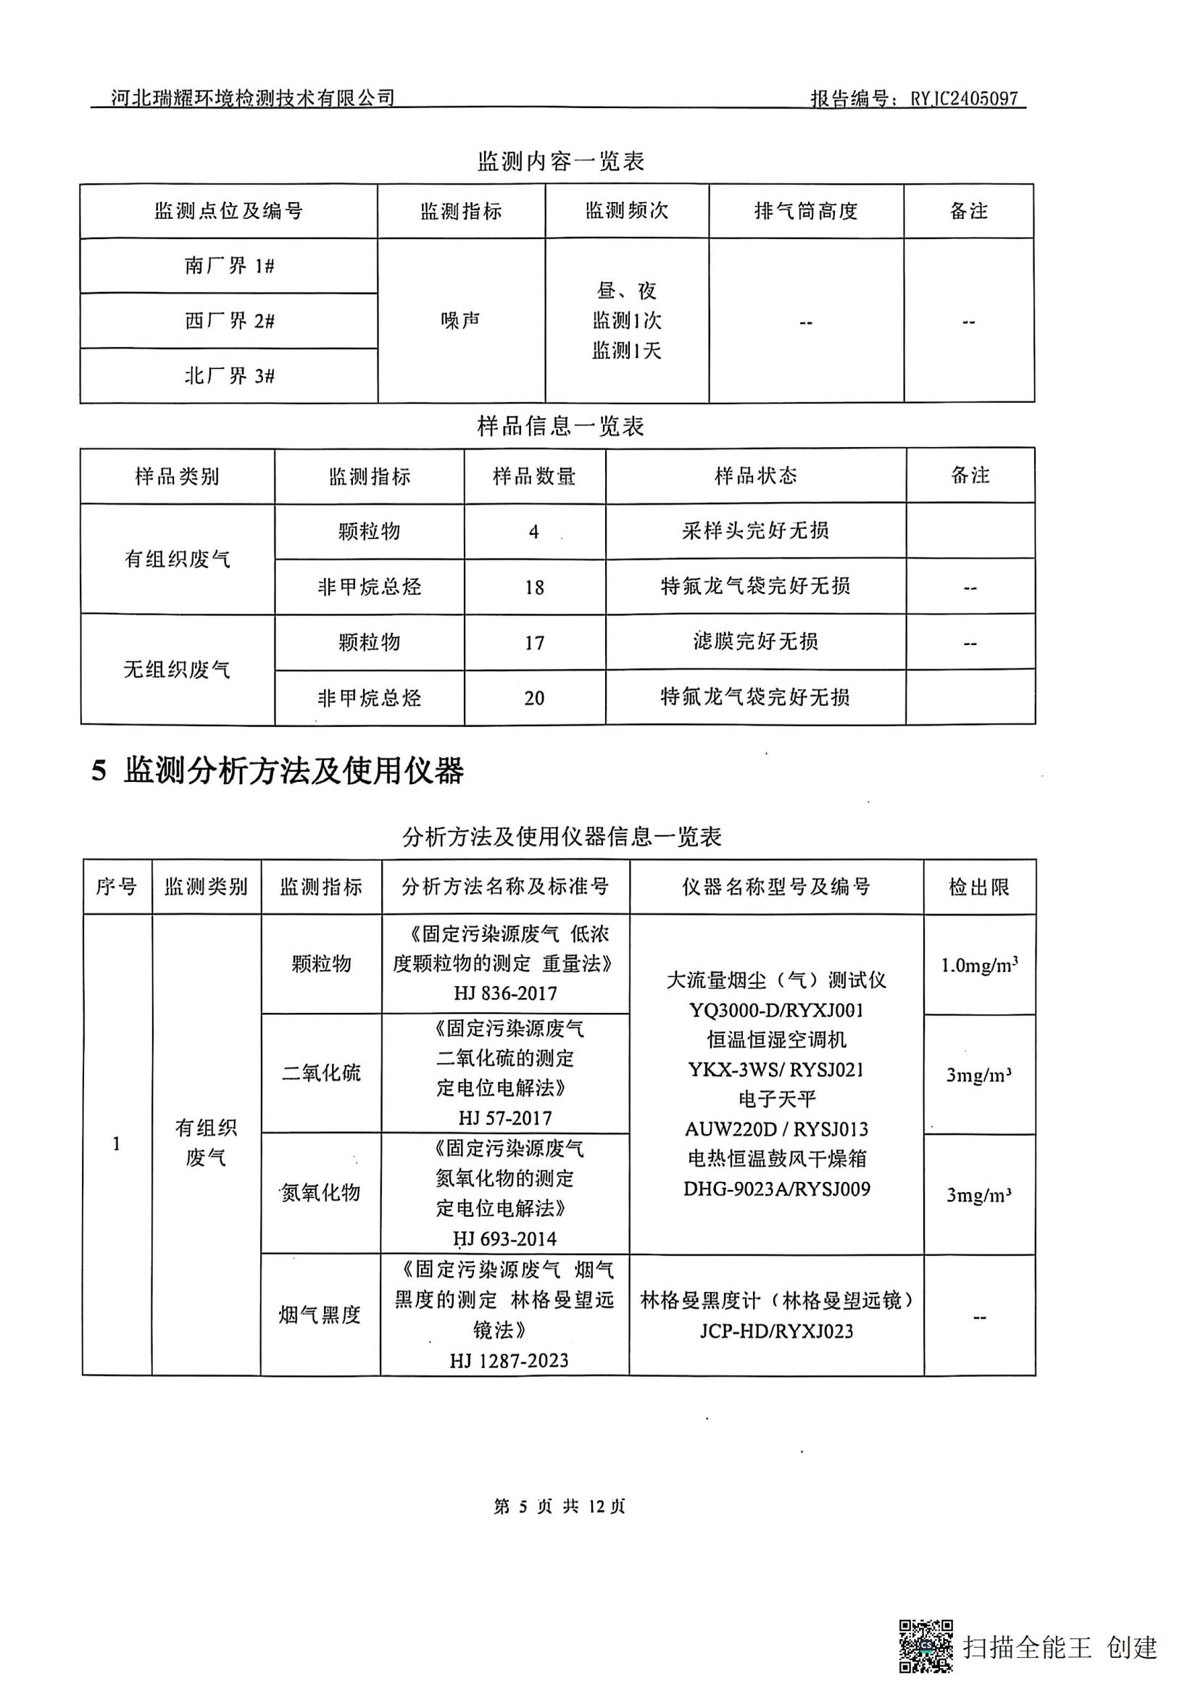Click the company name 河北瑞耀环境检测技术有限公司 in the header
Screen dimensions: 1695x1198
tap(252, 97)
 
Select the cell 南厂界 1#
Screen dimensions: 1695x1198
tap(229, 266)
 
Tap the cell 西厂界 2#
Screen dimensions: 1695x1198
tap(229, 320)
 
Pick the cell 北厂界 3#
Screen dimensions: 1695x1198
tap(229, 376)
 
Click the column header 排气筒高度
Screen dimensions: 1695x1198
tap(805, 211)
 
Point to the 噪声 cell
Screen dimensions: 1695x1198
tap(461, 320)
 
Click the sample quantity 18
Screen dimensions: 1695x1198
tap(534, 587)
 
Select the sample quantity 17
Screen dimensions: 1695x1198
tap(534, 642)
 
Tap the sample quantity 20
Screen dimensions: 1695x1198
tap(534, 698)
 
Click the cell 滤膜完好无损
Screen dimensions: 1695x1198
tap(755, 641)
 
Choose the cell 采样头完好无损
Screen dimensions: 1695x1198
tap(755, 530)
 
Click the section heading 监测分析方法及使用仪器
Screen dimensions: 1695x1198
tap(294, 771)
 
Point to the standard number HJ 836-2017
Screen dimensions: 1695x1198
tap(506, 993)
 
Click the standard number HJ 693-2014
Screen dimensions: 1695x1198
tap(505, 1238)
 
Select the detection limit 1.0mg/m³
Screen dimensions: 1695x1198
tap(979, 965)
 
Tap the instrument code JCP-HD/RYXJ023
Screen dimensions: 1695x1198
tap(776, 1331)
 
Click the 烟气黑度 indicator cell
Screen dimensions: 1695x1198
tap(320, 1315)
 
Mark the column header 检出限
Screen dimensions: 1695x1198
tap(979, 886)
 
